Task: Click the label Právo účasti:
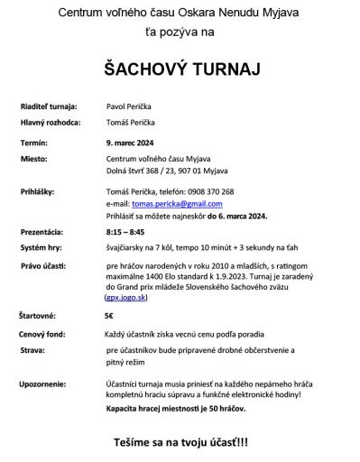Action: pos(43,266)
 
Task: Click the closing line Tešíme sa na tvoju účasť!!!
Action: pos(180,446)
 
